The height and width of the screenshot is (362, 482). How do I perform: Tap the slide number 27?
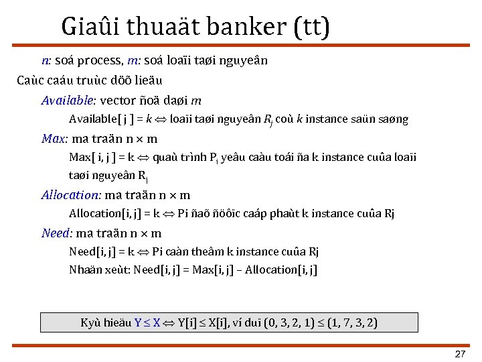[460, 353]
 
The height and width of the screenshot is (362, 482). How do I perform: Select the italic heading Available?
[69, 101]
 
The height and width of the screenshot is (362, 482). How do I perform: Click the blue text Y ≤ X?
[147, 322]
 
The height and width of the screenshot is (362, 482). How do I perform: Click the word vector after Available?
[118, 101]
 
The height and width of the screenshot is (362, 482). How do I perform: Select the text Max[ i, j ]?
[94, 158]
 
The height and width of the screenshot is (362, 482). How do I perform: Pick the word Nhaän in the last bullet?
[84, 270]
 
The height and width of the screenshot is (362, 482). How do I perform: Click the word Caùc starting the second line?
[30, 80]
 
